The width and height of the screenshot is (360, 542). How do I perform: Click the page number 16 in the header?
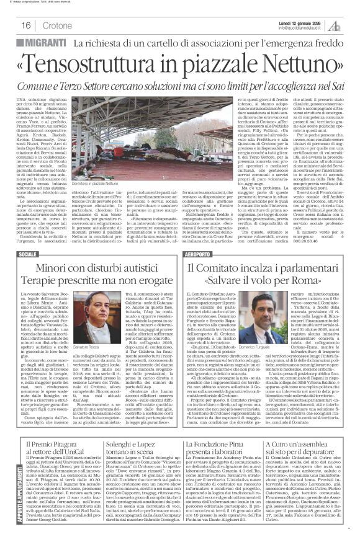point(26,26)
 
